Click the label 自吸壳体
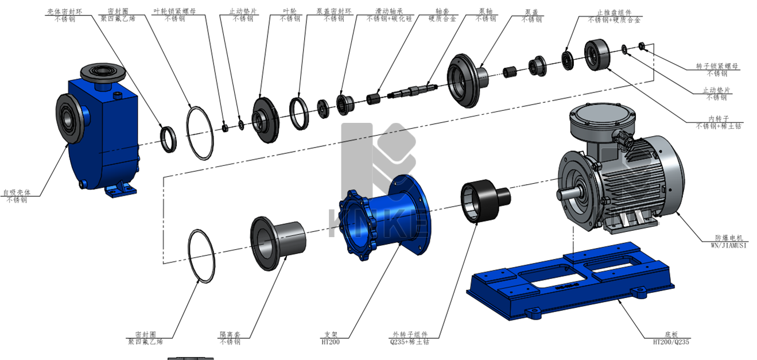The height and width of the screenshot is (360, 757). [x=17, y=192]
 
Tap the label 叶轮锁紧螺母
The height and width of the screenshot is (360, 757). [x=174, y=11]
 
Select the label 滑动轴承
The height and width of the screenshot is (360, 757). [x=389, y=11]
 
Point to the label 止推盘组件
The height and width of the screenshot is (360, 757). [x=614, y=13]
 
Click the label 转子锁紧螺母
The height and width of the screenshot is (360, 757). [x=717, y=66]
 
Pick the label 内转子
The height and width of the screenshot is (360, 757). [x=719, y=119]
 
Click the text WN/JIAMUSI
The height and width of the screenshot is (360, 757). [x=728, y=245]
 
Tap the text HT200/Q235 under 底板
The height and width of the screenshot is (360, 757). [x=671, y=342]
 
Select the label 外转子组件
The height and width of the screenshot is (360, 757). [x=410, y=334]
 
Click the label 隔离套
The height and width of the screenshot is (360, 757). [x=230, y=334]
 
